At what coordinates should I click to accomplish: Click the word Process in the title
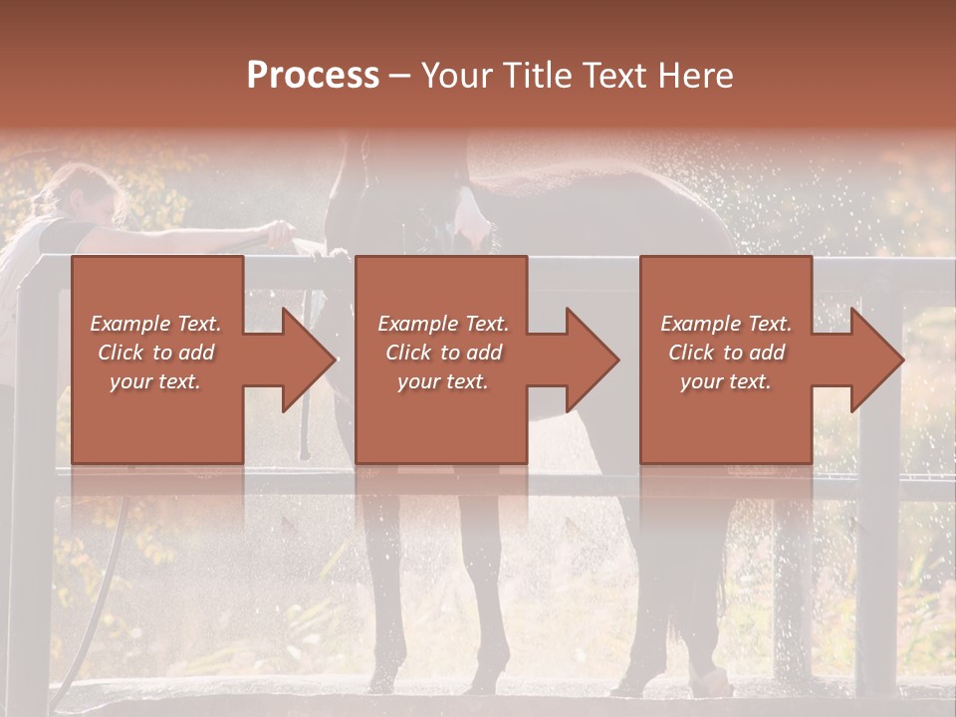tap(313, 76)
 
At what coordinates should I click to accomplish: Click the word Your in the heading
tap(456, 76)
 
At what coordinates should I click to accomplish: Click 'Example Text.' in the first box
tap(156, 324)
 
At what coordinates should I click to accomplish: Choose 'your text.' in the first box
tap(156, 381)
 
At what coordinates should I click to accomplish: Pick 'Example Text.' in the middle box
tap(443, 324)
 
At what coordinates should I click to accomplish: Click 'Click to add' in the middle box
tap(443, 353)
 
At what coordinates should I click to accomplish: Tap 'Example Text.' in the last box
tap(726, 324)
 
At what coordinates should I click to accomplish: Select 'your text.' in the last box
tap(726, 381)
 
